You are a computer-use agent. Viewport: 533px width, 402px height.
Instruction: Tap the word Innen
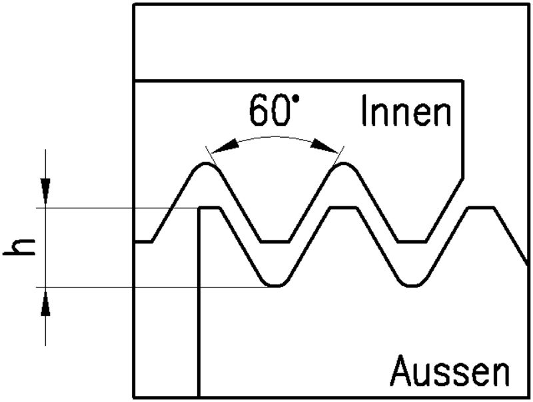point(406,112)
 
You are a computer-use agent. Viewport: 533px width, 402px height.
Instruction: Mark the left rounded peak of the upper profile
point(207,164)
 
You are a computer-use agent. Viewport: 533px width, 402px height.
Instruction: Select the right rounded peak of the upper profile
point(344,164)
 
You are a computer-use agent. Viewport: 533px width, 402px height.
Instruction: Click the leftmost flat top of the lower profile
point(211,208)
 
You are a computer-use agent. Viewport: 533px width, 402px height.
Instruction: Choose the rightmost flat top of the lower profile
point(482,208)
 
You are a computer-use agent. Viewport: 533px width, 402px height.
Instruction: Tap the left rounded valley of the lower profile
point(276,285)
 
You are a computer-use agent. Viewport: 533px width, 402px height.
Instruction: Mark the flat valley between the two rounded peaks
point(275,242)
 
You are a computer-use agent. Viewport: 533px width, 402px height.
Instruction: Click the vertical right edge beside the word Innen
point(463,126)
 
